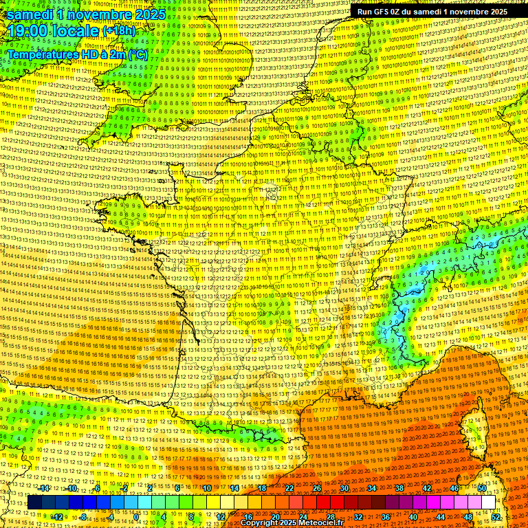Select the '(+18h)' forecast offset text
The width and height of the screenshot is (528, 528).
120,31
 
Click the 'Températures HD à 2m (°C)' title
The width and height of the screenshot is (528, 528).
77,54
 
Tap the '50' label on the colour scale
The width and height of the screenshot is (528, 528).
482,488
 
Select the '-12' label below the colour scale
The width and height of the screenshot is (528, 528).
58,516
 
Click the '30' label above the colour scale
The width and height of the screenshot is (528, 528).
344,488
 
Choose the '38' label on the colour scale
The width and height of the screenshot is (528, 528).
399,488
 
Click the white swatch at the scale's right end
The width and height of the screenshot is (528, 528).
489,503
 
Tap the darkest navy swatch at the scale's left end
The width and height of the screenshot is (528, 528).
34,503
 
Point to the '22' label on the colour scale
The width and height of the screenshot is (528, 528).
289,488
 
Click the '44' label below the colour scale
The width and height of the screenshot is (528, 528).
441,516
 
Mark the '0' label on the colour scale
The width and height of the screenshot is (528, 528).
136,516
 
